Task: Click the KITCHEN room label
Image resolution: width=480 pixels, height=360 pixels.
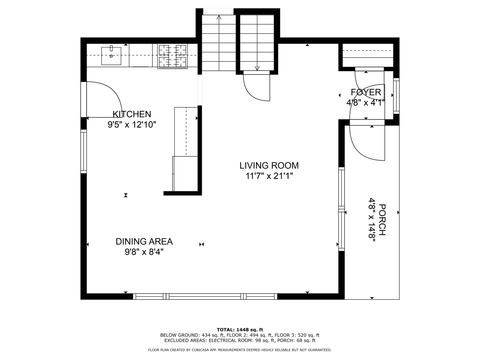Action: click(x=132, y=114)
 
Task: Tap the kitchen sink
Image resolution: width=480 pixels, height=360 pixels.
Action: click(x=111, y=56)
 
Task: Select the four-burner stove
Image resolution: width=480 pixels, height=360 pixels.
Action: click(x=172, y=56)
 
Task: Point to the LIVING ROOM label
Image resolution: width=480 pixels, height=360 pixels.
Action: click(x=269, y=165)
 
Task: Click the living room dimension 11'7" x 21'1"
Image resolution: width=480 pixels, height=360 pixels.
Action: click(x=269, y=176)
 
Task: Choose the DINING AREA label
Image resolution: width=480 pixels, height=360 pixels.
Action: click(x=144, y=242)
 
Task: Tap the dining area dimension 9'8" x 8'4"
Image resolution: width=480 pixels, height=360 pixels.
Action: click(x=144, y=252)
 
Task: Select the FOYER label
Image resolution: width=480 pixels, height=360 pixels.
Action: click(x=366, y=92)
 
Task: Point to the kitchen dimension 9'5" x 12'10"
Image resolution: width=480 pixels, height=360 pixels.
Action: click(x=132, y=125)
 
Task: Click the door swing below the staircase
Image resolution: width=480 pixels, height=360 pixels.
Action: click(x=251, y=93)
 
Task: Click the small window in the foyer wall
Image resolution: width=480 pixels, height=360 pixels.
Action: click(x=396, y=96)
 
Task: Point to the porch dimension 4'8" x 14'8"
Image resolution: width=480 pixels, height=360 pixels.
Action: click(x=372, y=220)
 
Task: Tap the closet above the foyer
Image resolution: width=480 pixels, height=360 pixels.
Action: click(x=368, y=55)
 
